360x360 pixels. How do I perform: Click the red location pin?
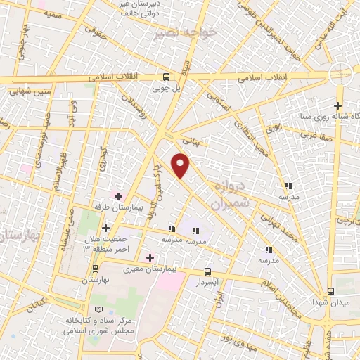(181, 167)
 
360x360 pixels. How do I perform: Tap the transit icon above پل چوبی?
(167, 77)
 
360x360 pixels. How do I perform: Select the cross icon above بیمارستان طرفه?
(118, 196)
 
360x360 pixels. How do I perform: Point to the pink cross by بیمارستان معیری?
(150, 257)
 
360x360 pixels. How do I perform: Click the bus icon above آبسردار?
(208, 270)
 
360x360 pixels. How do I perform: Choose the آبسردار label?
(208, 281)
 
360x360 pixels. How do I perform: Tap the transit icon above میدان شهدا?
(331, 290)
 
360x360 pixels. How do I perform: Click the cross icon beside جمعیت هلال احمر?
(106, 228)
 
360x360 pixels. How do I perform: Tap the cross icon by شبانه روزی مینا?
(339, 105)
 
